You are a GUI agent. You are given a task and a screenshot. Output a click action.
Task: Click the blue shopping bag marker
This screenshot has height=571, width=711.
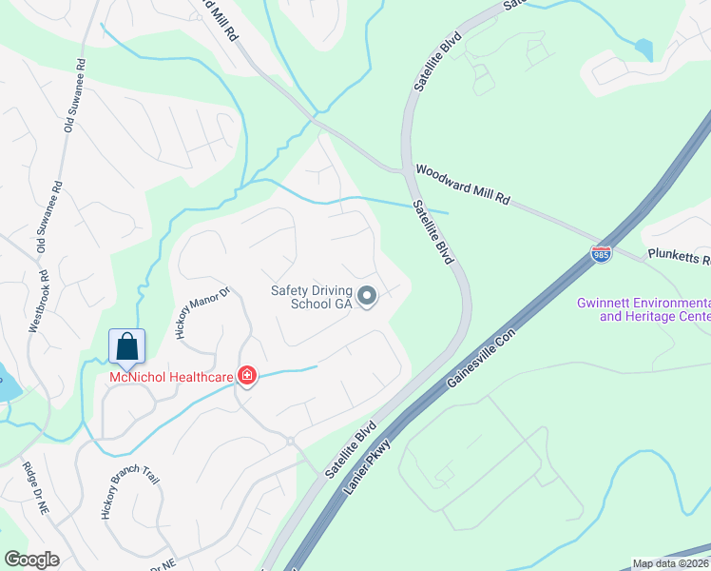(126, 347)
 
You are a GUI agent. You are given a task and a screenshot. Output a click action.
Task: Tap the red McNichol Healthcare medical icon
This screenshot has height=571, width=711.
(247, 377)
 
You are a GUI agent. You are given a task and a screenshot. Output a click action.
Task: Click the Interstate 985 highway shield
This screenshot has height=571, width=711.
(600, 253)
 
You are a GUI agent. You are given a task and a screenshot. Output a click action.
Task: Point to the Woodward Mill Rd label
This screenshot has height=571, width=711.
(464, 185)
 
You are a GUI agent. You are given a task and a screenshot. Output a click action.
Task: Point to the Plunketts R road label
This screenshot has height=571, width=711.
(679, 257)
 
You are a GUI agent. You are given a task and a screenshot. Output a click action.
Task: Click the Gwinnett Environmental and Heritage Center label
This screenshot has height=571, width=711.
(643, 309)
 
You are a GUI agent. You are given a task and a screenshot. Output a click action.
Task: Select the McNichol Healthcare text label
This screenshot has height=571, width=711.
(172, 378)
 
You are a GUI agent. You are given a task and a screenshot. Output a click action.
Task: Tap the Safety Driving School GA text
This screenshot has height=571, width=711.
(312, 297)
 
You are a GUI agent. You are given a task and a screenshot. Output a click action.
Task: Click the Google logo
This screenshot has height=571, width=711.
(31, 560)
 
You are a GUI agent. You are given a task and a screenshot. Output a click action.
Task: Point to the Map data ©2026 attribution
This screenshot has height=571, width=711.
(669, 563)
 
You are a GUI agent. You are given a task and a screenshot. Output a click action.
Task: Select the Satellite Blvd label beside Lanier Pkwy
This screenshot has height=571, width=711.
(349, 449)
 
